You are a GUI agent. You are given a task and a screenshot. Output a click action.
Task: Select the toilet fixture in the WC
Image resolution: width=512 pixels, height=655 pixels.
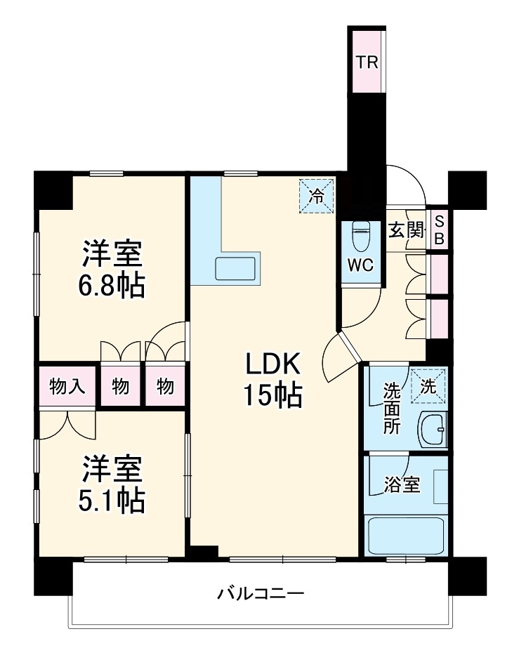click(x=361, y=237)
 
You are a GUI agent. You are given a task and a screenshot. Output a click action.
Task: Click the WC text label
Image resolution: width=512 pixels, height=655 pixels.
click(x=361, y=266)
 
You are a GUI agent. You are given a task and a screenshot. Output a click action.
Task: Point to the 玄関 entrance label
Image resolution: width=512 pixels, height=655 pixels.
click(x=407, y=230)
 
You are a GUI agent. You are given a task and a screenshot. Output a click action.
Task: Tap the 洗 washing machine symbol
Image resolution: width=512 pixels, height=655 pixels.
click(x=428, y=385)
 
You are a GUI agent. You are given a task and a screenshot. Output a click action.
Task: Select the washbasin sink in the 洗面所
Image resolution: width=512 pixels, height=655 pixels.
click(x=433, y=428)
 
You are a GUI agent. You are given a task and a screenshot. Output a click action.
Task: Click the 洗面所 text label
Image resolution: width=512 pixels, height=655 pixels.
click(x=391, y=407)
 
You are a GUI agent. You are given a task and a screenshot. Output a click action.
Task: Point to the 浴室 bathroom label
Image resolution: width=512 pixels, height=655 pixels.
click(x=402, y=485)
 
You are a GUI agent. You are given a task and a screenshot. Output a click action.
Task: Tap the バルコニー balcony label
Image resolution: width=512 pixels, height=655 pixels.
click(x=260, y=594)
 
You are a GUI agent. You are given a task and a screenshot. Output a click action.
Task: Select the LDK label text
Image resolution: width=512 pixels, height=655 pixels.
click(x=273, y=365)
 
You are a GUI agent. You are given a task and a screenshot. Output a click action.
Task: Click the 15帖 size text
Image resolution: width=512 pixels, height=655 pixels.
click(x=273, y=397)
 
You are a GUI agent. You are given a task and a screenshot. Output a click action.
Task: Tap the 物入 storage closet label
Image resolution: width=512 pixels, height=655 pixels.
click(x=67, y=386)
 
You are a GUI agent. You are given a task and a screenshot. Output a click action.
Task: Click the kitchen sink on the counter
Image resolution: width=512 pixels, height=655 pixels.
click(x=235, y=269)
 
